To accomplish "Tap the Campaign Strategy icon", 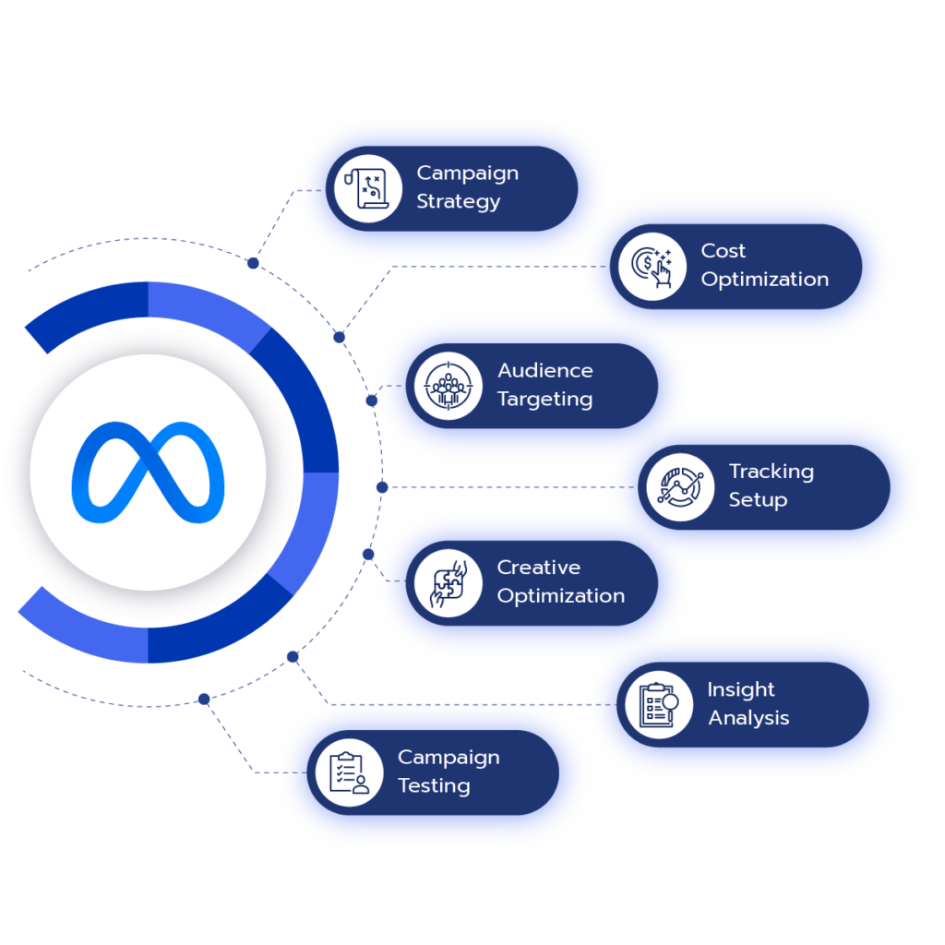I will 367,188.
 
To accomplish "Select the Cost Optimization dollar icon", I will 652,266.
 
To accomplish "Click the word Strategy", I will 458,201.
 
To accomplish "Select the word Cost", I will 723,251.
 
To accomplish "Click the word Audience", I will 545,371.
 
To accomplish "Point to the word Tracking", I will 772,472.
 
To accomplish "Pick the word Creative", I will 539,568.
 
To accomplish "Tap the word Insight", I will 741,689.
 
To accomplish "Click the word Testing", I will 434,786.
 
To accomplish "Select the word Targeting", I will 544,400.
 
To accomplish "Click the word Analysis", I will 748,718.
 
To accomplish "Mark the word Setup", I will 758,500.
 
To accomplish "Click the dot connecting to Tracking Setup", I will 382,486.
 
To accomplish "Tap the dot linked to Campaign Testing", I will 204,699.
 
